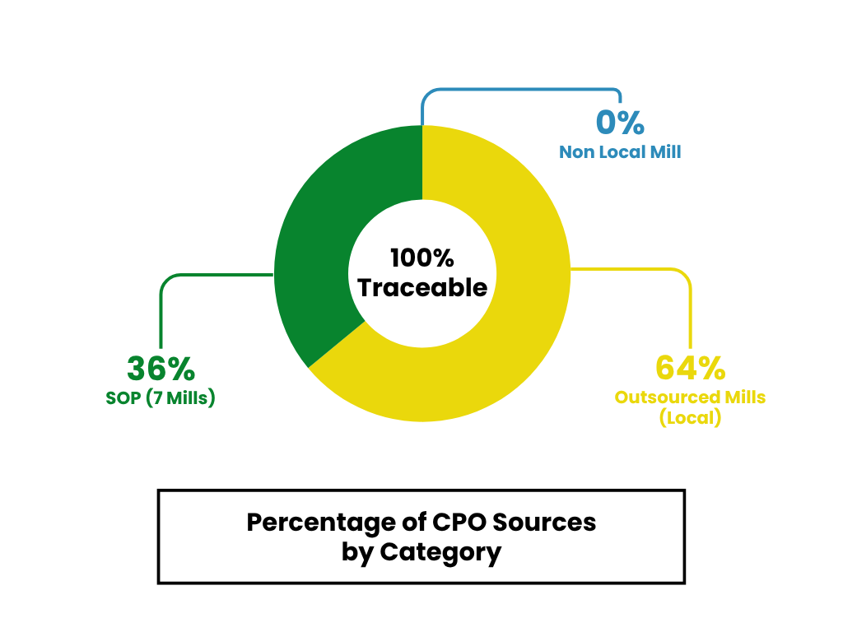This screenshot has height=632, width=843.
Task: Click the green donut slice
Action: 317,247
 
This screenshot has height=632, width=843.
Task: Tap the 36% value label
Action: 161,369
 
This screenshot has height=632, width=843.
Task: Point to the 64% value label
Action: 690,367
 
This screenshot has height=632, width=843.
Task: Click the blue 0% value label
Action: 619,123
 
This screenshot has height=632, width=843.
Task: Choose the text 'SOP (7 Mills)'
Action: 161,398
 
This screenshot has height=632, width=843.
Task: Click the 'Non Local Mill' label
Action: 620,152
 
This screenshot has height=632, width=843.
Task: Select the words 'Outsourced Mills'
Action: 690,397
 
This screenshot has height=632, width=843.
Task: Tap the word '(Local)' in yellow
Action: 690,418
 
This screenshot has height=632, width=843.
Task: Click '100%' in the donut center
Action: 422,258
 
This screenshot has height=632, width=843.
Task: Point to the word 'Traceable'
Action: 422,288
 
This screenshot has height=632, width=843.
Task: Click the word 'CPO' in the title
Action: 457,523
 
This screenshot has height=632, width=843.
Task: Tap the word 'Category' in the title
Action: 440,552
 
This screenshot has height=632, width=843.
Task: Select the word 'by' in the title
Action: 358,552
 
